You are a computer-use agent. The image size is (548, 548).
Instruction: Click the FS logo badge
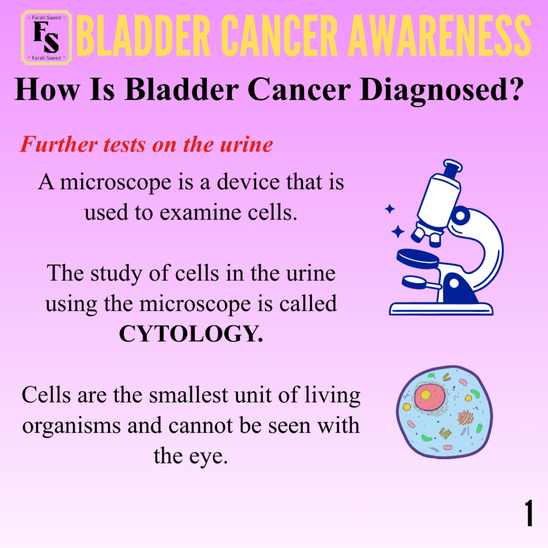coord(47,37)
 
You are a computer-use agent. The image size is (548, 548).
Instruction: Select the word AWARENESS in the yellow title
coord(440,36)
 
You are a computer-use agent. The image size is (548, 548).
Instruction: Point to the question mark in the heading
coord(513,89)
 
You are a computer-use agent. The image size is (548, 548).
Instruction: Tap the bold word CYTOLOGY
coord(191,334)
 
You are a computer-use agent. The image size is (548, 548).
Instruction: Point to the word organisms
coord(72,427)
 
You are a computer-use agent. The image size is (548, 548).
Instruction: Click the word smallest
coord(188,395)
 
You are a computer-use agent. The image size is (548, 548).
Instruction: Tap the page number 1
coord(528,512)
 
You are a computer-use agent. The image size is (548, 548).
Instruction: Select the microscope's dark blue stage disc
coord(417,258)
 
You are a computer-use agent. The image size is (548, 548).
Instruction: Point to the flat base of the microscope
coord(441,309)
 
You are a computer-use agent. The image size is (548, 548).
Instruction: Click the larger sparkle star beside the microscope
coord(398,231)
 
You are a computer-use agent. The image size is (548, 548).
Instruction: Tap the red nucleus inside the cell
coord(430,397)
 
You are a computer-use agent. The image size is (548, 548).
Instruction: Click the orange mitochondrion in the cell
coord(465,417)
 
